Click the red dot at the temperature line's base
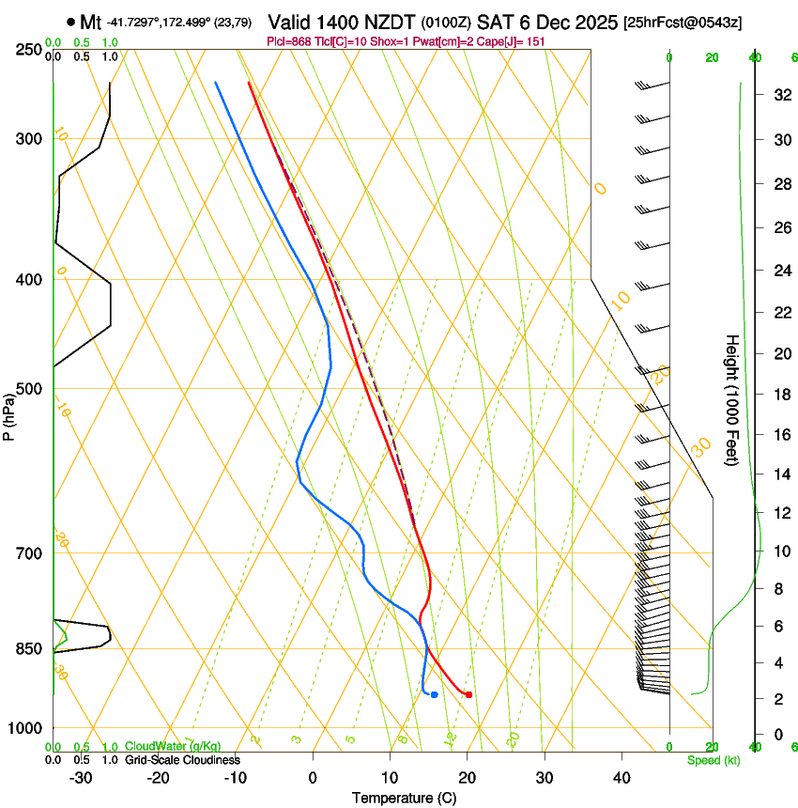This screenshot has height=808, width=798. tap(468, 694)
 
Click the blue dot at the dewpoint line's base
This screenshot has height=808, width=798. tap(434, 694)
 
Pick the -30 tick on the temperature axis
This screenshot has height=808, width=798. tap(81, 778)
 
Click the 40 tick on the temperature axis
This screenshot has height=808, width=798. tap(621, 778)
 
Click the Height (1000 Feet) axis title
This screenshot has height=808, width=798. tap(733, 400)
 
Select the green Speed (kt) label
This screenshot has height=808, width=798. tap(713, 760)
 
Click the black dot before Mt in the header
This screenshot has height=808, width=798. tap(70, 22)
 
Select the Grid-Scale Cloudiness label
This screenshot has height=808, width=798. tap(182, 759)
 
